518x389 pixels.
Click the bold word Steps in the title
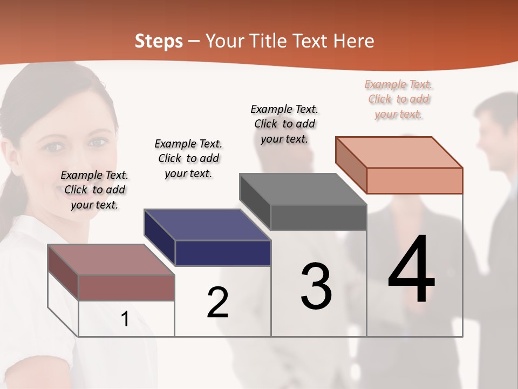pyautogui.click(x=159, y=41)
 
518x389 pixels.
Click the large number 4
pyautogui.click(x=412, y=270)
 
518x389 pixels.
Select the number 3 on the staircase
pyautogui.click(x=316, y=286)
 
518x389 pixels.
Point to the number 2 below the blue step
pyautogui.click(x=218, y=303)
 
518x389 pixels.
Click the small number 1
pyautogui.click(x=125, y=319)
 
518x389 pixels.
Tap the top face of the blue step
pyautogui.click(x=207, y=224)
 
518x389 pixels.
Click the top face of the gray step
pyautogui.click(x=303, y=189)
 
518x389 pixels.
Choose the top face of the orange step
pyautogui.click(x=399, y=152)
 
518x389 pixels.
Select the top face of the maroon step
pyautogui.click(x=111, y=259)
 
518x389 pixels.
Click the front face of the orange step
pyautogui.click(x=414, y=180)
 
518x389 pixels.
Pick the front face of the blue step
pyautogui.click(x=223, y=253)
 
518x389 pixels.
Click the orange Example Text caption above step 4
pyautogui.click(x=399, y=99)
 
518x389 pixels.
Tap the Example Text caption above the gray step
pyautogui.click(x=284, y=124)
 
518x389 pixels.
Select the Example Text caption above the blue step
pyautogui.click(x=188, y=158)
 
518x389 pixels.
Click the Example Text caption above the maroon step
pyautogui.click(x=94, y=190)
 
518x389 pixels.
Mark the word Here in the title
pyautogui.click(x=355, y=41)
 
